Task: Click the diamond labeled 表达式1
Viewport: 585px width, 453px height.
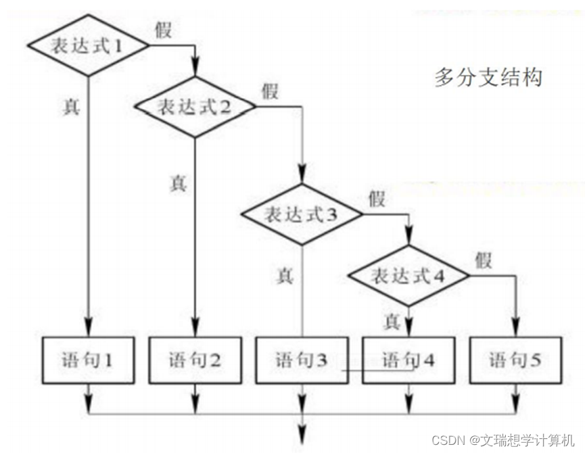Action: click(88, 46)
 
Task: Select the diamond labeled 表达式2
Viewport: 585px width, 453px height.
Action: click(195, 107)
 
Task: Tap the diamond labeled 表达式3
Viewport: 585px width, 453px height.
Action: click(302, 214)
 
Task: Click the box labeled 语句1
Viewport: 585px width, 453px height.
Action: click(88, 360)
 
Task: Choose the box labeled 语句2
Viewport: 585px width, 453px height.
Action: click(195, 360)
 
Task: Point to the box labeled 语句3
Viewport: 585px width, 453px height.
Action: click(302, 360)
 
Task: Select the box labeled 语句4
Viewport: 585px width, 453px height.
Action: click(408, 360)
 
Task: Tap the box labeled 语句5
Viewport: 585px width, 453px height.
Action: click(515, 360)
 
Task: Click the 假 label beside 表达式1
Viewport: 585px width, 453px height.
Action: click(163, 30)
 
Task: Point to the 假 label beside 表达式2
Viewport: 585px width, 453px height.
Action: click(270, 91)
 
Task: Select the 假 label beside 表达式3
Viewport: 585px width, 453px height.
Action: click(377, 198)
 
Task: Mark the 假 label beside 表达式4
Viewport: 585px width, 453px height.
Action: click(483, 259)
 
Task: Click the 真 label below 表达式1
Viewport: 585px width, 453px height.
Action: click(71, 107)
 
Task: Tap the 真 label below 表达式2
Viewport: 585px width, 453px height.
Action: click(178, 183)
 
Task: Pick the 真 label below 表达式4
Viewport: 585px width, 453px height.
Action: click(392, 321)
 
